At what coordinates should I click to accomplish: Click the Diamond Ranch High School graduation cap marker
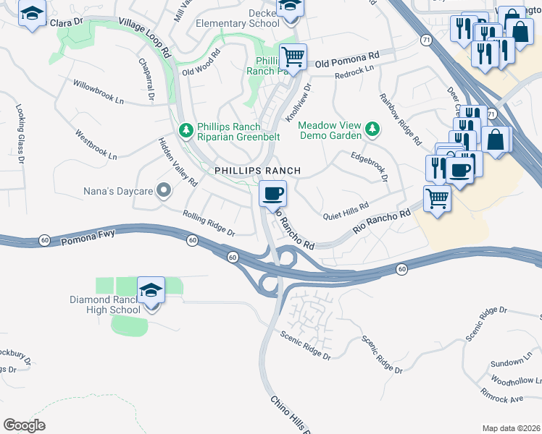tap(151, 291)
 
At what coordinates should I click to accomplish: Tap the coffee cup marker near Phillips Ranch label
tap(272, 194)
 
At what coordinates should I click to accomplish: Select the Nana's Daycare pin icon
tap(164, 191)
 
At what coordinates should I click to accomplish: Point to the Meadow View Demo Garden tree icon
tap(372, 129)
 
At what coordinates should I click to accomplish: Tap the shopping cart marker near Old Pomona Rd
tap(293, 56)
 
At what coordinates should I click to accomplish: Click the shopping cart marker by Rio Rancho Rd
tap(437, 197)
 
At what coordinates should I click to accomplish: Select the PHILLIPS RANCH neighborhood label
tap(257, 171)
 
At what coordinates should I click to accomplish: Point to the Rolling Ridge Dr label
tap(209, 224)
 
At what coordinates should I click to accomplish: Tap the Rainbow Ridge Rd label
tap(401, 119)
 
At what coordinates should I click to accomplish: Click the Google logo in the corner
tap(24, 425)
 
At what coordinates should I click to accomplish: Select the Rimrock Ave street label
tap(501, 395)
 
